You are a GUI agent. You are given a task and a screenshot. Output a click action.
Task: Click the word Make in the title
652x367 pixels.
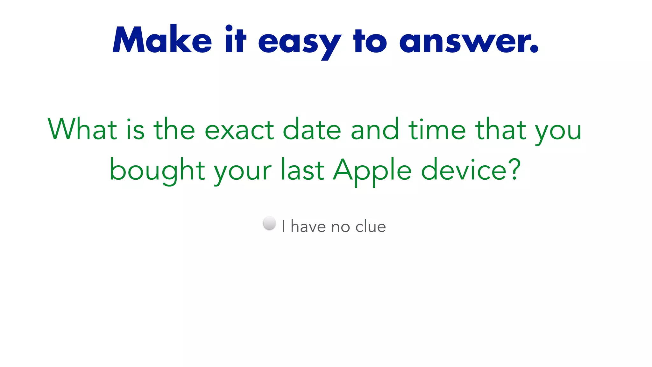162,40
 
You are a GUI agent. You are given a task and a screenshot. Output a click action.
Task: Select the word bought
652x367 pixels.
157,170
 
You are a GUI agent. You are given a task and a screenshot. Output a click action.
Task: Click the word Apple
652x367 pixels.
372,170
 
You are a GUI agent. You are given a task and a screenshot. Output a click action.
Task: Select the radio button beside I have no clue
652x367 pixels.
269,223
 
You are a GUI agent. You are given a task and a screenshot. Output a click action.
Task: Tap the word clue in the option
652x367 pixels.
370,227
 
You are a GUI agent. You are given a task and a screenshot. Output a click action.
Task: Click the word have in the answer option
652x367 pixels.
308,227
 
